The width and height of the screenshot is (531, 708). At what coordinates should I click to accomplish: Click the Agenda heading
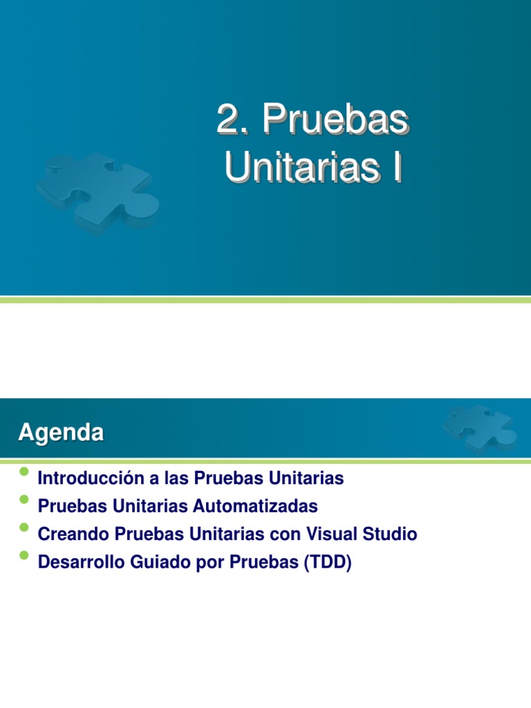point(61,434)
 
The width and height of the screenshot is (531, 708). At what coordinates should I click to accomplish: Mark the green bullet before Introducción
point(25,472)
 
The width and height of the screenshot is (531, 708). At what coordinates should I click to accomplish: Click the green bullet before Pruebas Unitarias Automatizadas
point(25,500)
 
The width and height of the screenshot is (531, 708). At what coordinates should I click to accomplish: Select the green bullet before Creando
point(25,528)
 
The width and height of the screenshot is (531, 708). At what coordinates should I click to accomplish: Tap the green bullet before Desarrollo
point(25,556)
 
